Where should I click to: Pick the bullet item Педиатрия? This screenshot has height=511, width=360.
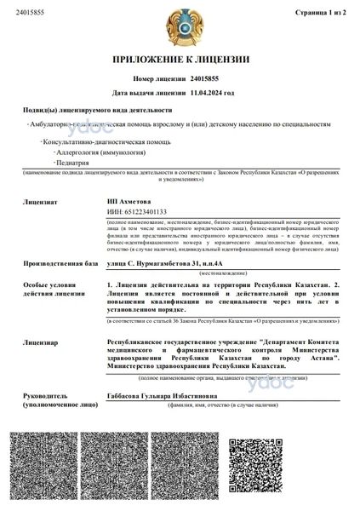75,161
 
